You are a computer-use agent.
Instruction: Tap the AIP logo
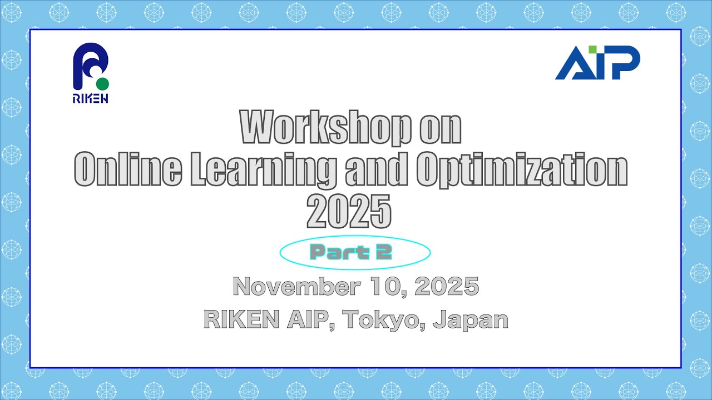click(597, 63)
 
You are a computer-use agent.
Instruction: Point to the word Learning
click(263, 171)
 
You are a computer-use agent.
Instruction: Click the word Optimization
click(522, 171)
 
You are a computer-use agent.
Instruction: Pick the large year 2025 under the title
click(349, 212)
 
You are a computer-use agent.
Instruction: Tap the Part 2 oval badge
click(354, 253)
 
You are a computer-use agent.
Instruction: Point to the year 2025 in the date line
click(447, 287)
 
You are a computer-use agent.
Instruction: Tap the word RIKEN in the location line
click(242, 319)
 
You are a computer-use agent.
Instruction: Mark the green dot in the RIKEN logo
click(102, 83)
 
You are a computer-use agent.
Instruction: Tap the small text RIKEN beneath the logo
click(90, 99)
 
